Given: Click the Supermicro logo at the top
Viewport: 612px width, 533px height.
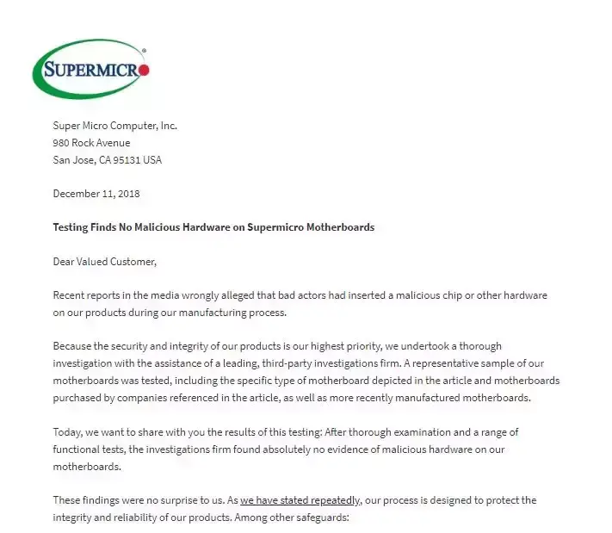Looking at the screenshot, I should coord(90,70).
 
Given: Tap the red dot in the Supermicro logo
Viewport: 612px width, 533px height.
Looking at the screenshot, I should coord(144,70).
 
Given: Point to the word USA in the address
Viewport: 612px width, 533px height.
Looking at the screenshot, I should coord(151,160).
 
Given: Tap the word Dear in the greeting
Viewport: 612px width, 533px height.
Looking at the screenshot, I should coord(65,262).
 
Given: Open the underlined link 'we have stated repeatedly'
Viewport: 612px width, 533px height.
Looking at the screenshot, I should coord(300,500).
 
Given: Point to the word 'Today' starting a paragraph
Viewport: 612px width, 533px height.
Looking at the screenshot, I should coord(67,431).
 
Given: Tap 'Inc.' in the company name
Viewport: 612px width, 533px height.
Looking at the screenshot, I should coord(168,126).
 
